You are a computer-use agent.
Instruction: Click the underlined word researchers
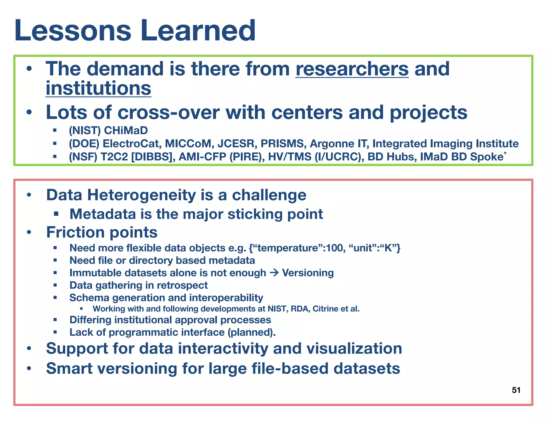[352, 69]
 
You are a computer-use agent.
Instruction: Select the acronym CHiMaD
[126, 130]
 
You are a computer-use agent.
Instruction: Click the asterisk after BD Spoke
[505, 153]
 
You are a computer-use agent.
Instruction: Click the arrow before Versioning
[274, 273]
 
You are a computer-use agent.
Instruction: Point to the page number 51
[516, 390]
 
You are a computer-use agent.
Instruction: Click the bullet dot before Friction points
[29, 232]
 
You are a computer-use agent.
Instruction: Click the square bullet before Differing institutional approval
[55, 320]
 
